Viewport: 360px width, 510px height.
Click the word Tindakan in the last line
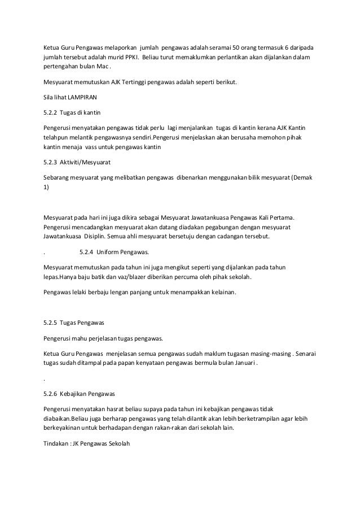56,444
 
